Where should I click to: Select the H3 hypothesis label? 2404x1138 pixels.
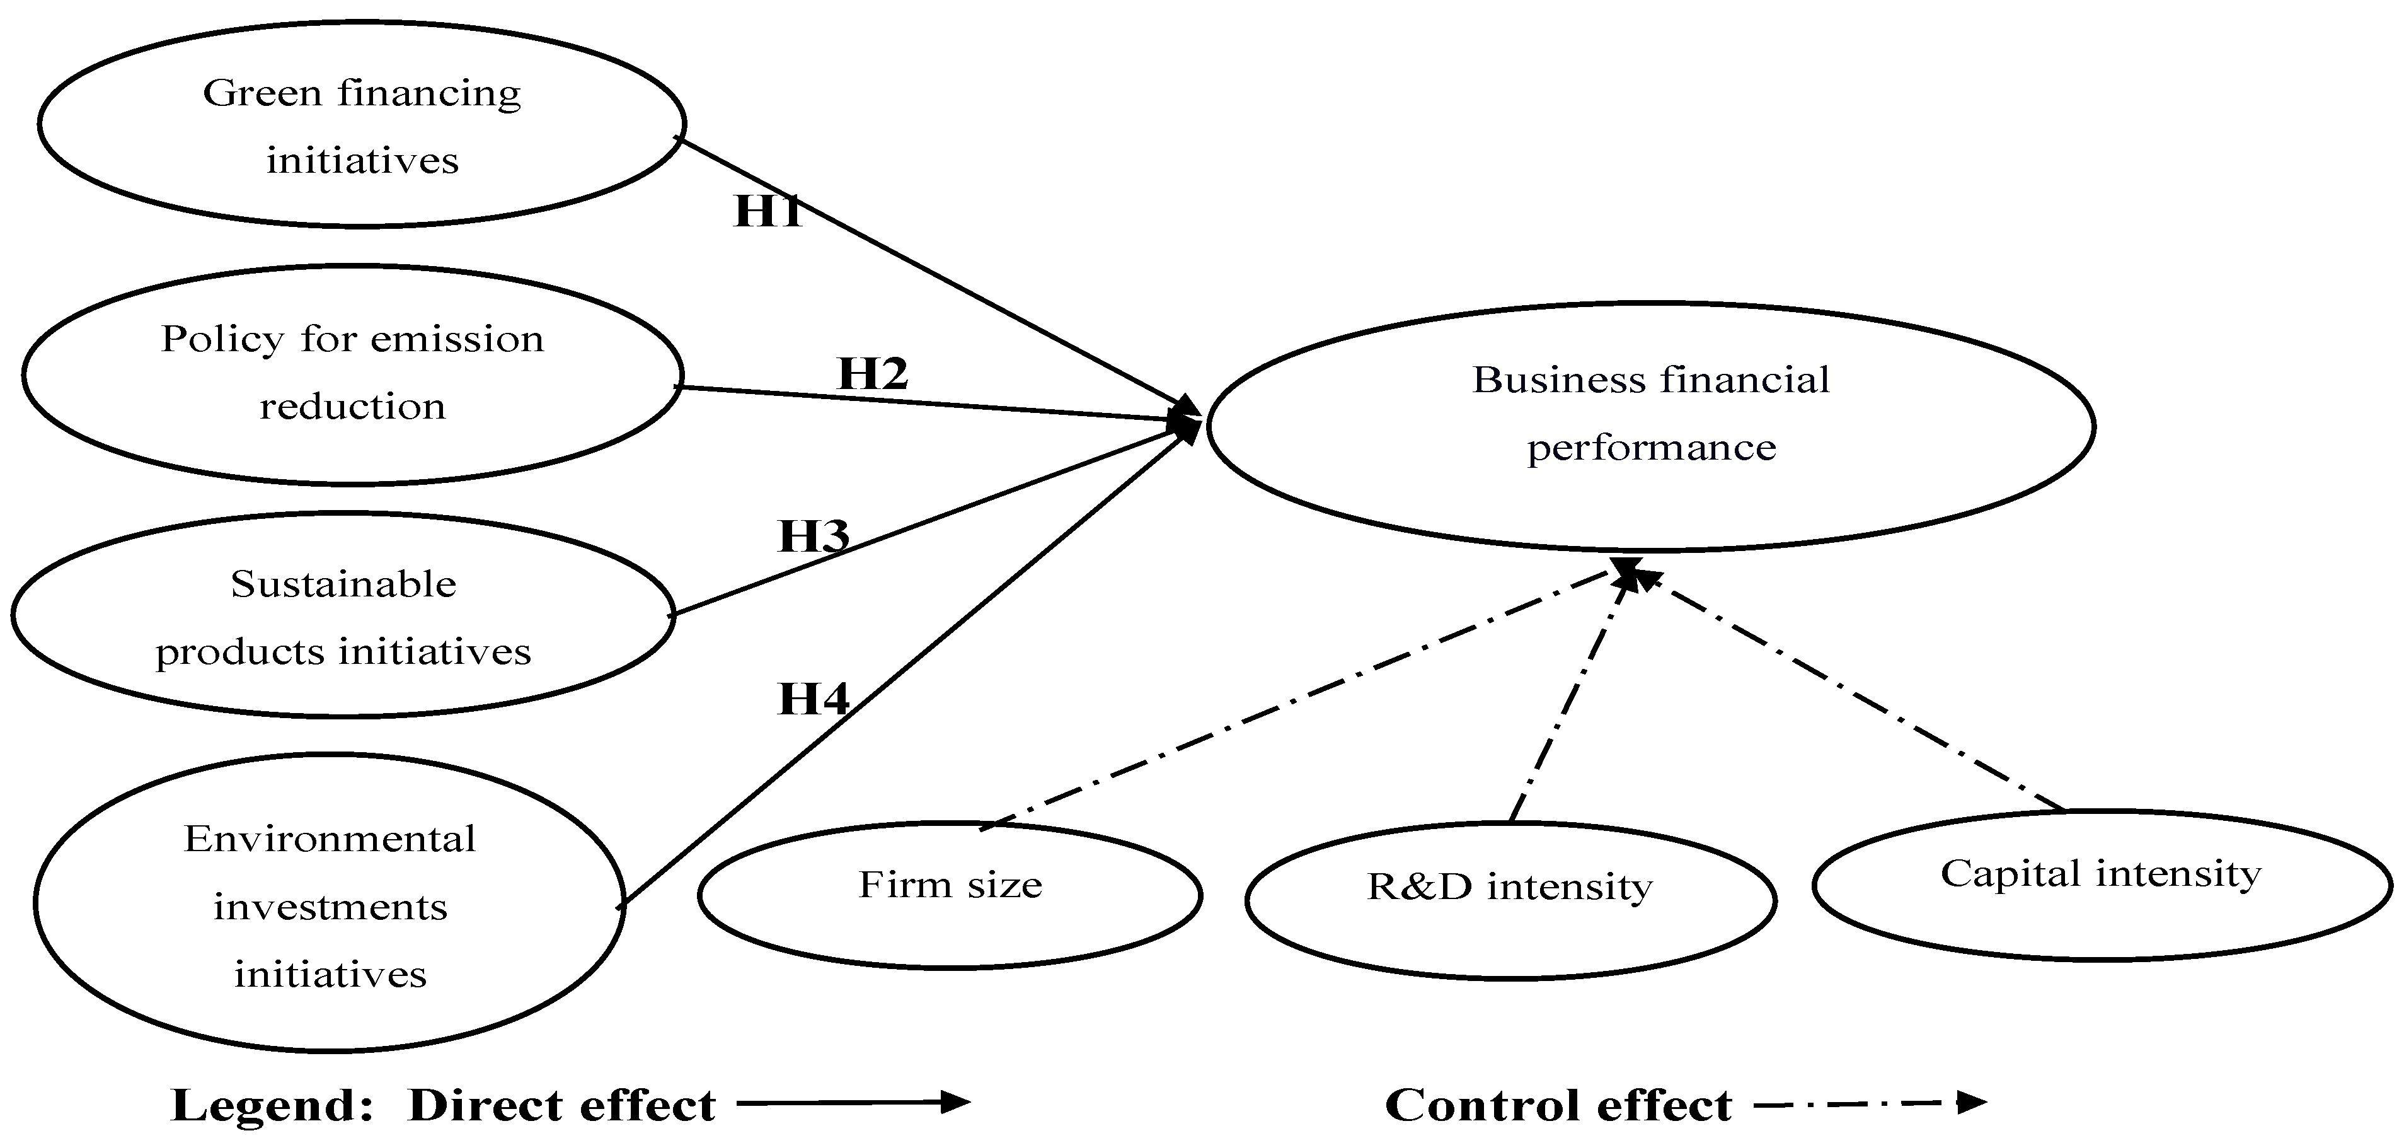814,536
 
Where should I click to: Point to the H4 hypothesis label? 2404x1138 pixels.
814,699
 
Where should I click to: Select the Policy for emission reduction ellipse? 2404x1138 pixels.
352,373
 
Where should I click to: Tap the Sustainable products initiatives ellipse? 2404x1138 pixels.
343,616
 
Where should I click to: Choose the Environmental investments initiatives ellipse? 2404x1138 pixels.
330,903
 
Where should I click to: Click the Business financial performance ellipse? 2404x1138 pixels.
1650,425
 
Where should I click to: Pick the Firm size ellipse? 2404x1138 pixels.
950,895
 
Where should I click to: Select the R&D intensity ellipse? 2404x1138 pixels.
1510,899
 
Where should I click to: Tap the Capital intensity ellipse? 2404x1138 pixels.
2101,884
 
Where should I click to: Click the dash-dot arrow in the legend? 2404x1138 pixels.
1869,1103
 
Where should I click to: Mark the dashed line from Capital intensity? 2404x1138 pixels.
1848,691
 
